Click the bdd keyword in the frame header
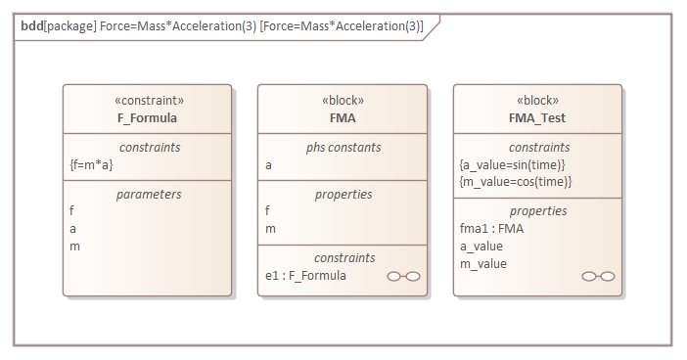pos(32,26)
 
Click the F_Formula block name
pos(147,117)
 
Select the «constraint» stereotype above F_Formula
pos(147,101)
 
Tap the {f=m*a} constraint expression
pos(91,164)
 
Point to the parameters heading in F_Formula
pos(148,194)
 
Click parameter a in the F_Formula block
pos(73,228)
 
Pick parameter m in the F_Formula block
pos(74,246)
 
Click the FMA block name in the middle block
pos(343,117)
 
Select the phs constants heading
pos(343,147)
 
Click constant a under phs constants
pos(269,164)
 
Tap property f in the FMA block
pos(268,210)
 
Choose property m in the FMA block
pos(270,228)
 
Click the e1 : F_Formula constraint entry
pos(305,276)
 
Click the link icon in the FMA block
pos(403,277)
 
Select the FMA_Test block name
pos(537,117)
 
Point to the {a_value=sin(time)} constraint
pos(513,164)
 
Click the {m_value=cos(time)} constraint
pos(515,182)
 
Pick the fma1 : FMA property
pos(491,228)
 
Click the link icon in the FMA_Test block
pos(598,277)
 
